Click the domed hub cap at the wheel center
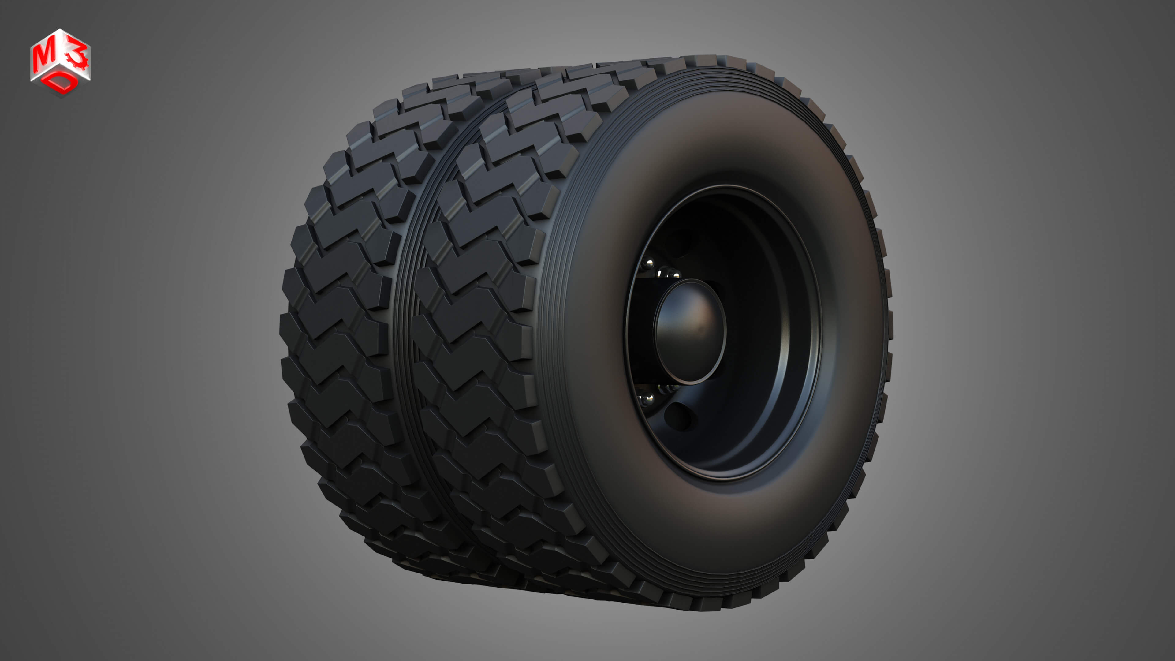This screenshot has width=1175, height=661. click(x=690, y=331)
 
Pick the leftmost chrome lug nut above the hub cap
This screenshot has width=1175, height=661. click(x=648, y=265)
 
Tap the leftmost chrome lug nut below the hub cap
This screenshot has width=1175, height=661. click(x=645, y=400)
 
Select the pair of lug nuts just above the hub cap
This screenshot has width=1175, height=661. click(x=669, y=274)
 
